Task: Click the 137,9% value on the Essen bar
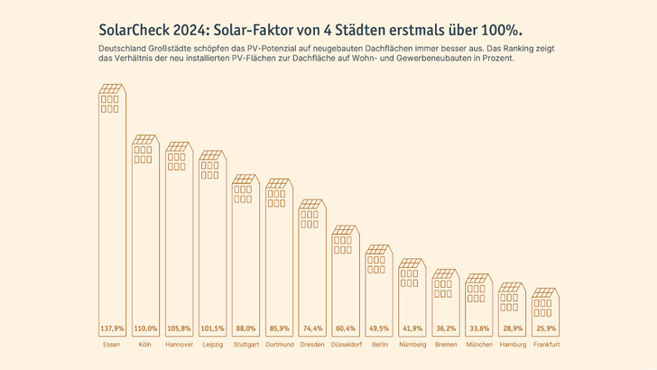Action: coord(113,328)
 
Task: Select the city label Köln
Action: coord(145,345)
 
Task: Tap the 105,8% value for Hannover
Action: coord(179,328)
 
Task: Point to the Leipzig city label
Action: coord(212,345)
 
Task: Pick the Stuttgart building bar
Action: coord(245,253)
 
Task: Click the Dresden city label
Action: coord(312,345)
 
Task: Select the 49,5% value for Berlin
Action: coord(379,328)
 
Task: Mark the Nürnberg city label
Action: coord(412,345)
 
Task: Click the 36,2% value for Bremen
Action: coord(446,328)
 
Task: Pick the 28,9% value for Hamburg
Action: coord(512,328)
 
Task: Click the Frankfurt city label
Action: coord(545,345)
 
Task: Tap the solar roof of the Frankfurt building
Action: coord(545,292)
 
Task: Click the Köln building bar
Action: coord(145,244)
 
